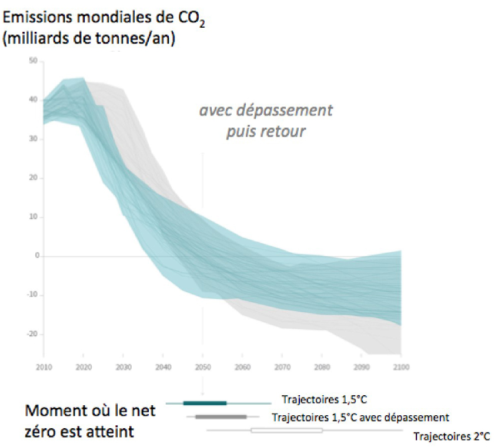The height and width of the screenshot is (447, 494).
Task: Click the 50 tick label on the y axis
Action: [x=34, y=61]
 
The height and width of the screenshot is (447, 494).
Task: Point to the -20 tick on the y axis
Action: [x=32, y=334]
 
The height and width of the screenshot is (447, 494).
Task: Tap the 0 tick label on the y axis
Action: [x=36, y=256]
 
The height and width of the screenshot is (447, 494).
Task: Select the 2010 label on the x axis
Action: [x=44, y=367]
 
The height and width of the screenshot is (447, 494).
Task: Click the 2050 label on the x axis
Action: [x=202, y=367]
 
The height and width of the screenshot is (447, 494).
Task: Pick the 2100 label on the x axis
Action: [x=400, y=367]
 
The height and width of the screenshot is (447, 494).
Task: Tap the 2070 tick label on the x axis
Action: [x=282, y=367]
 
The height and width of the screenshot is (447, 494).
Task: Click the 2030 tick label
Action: [x=123, y=367]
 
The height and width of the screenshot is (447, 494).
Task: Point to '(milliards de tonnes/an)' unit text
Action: [x=89, y=41]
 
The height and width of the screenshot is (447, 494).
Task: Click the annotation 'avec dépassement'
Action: [x=266, y=110]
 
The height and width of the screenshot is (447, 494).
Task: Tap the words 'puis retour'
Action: [x=266, y=131]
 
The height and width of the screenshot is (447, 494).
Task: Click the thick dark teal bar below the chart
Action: [x=205, y=403]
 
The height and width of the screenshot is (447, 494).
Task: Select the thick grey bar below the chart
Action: [x=221, y=417]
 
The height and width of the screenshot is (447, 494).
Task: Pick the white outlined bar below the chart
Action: [x=286, y=431]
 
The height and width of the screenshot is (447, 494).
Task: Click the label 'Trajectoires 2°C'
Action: [x=451, y=436]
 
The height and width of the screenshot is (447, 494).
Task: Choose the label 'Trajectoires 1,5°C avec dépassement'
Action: [x=361, y=418]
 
